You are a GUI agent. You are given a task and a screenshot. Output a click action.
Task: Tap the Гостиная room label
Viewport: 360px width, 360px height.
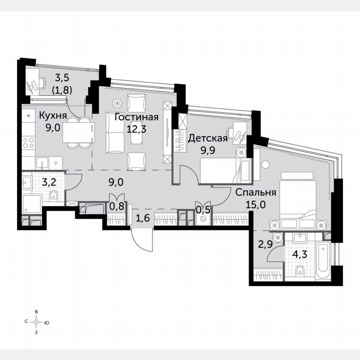point(136,117)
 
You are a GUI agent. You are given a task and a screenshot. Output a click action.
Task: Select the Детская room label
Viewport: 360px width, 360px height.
point(208,139)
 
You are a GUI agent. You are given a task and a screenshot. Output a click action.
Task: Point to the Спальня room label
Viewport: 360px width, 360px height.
point(255,192)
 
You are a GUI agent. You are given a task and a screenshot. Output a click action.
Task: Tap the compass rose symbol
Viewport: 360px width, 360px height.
point(37,322)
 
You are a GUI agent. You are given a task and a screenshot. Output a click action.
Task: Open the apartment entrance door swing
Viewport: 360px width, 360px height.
point(140,240)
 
